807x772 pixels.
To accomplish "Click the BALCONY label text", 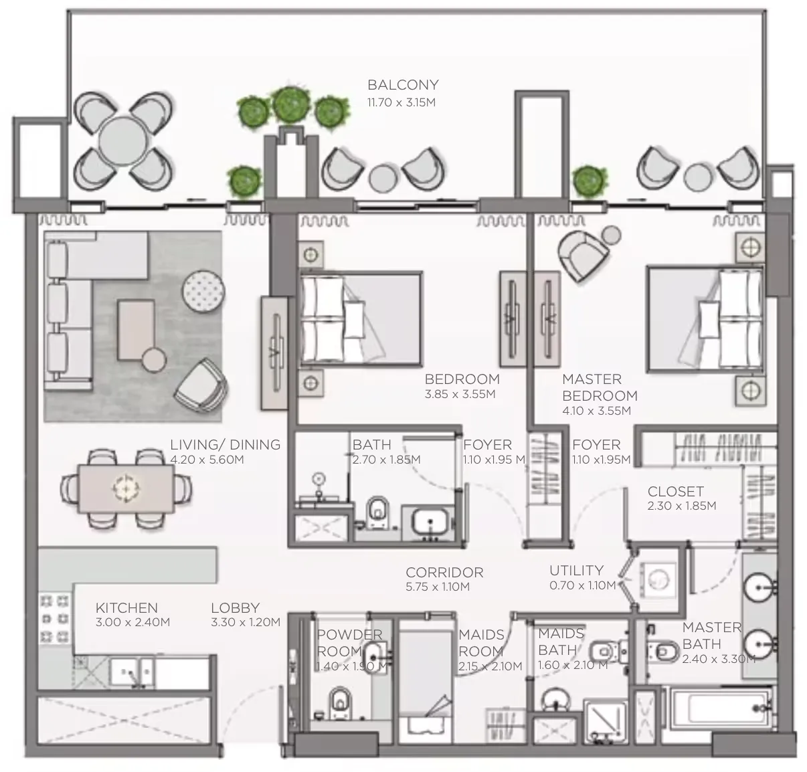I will point(403,85).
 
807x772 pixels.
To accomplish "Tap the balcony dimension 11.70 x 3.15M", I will point(401,102).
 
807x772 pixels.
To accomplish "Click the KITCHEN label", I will point(126,608).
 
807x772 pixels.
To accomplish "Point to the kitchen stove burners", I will point(55,617).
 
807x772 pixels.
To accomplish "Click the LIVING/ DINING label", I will point(225,444).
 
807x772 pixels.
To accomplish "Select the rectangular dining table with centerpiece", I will point(125,488).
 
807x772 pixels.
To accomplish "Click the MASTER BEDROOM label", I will point(599,387).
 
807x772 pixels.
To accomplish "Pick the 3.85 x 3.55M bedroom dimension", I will point(460,395).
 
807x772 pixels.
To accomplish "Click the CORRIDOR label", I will point(444,573).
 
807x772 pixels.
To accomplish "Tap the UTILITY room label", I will point(576,570).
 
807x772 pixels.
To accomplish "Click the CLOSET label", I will point(675,492).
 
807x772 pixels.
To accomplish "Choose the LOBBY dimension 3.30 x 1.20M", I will point(245,622).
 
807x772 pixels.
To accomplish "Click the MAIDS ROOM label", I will point(480,643).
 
